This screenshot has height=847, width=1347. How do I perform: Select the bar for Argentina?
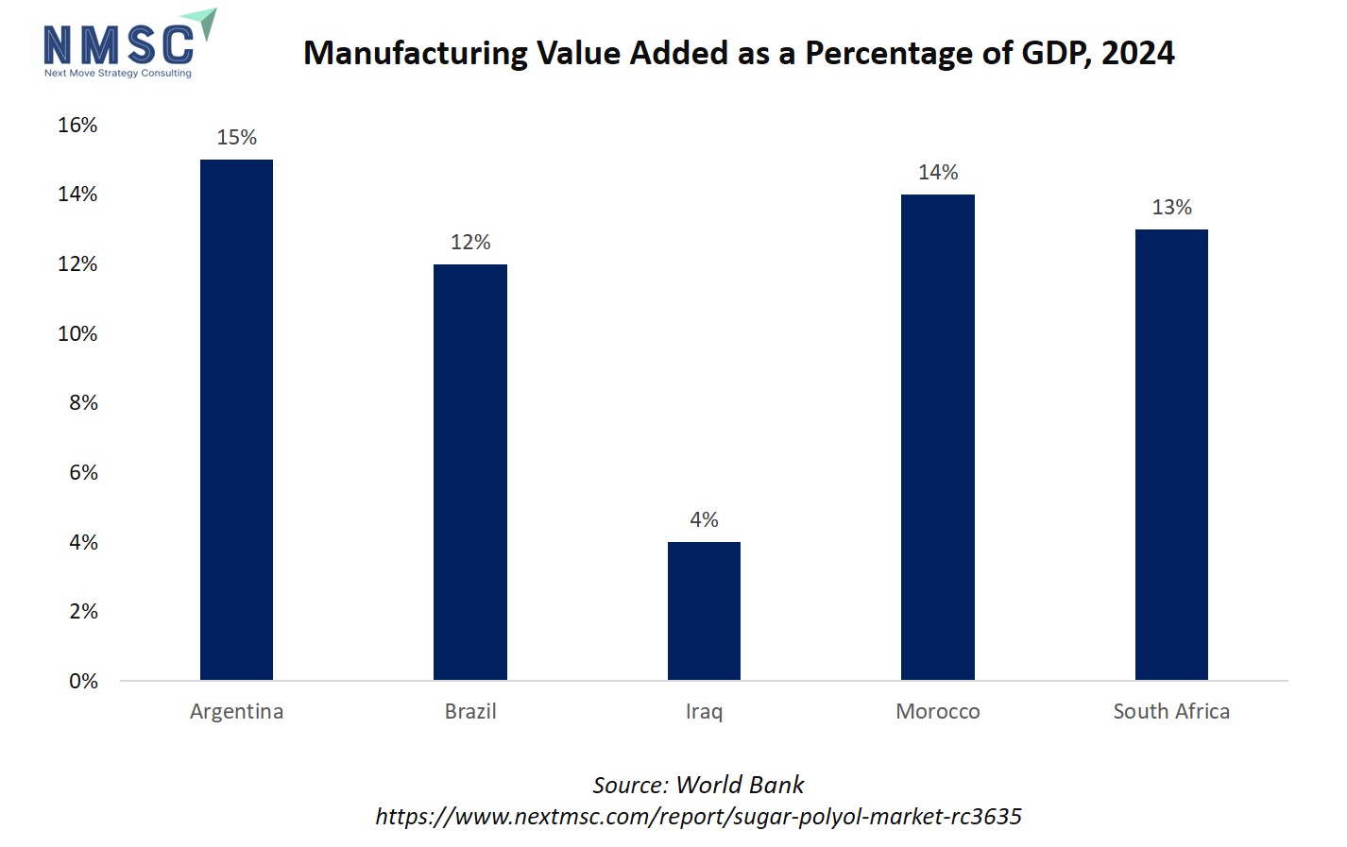[236, 420]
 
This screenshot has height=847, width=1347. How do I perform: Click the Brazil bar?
[469, 472]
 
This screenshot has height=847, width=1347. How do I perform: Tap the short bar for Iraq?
[704, 611]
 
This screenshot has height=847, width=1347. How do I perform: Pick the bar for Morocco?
[937, 437]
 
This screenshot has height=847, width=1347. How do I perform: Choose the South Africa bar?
[1171, 454]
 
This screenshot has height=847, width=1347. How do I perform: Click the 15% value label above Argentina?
[236, 138]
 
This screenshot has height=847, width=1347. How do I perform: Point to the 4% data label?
[704, 520]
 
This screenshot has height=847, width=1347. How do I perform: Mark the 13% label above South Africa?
[1171, 208]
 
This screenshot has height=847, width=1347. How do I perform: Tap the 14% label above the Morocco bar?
[937, 173]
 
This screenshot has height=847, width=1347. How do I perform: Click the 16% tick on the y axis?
[77, 126]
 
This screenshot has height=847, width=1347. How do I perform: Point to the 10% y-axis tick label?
[77, 334]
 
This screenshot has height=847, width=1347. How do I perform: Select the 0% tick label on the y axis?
[83, 682]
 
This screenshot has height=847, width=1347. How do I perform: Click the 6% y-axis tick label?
[83, 473]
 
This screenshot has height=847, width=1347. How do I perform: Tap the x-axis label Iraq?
[704, 712]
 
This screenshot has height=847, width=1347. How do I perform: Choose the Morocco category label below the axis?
[937, 712]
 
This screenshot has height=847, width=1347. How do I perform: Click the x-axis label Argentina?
[236, 712]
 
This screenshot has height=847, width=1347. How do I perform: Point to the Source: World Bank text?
[698, 785]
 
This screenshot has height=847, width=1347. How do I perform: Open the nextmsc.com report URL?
[698, 816]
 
